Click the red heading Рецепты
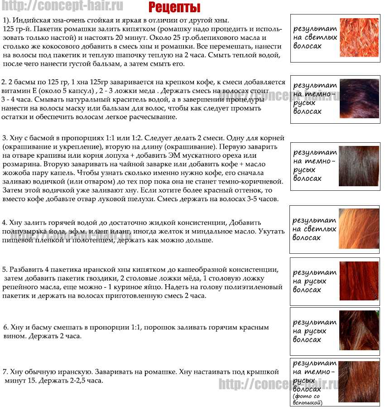pyautogui.click(x=174, y=8)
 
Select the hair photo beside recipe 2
pyautogui.click(x=359, y=98)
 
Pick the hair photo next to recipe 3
pyautogui.click(x=359, y=165)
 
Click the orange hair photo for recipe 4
pyautogui.click(x=359, y=229)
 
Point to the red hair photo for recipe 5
pyautogui.click(x=359, y=281)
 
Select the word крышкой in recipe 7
pyautogui.click(x=263, y=372)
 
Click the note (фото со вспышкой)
pyautogui.click(x=308, y=399)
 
